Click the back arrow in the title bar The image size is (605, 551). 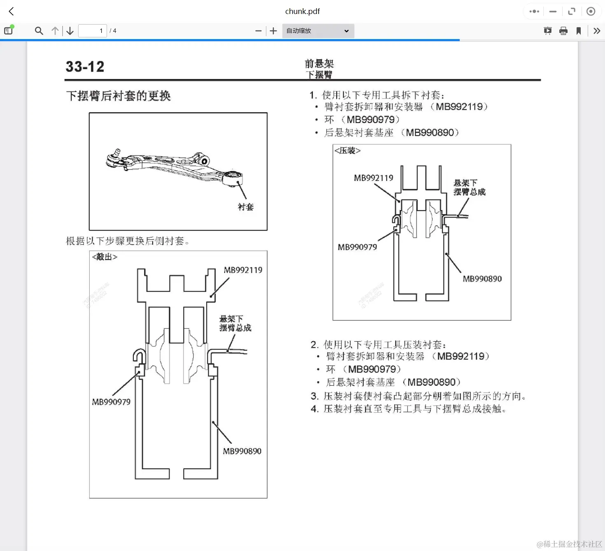tap(12, 12)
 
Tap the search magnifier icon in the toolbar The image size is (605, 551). tap(39, 31)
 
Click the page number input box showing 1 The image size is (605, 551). tap(93, 31)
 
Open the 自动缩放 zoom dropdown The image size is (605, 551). tap(318, 31)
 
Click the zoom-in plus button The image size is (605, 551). tap(273, 31)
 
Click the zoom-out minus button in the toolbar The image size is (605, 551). tap(258, 31)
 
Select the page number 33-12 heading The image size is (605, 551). tap(85, 67)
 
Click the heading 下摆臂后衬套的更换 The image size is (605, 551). tap(118, 96)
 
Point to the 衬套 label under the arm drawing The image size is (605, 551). tap(246, 207)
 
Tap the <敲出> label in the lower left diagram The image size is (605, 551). tap(105, 257)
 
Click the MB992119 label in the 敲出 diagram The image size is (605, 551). tap(243, 270)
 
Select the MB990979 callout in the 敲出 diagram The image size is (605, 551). tap(111, 402)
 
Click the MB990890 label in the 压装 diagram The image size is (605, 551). tap(482, 279)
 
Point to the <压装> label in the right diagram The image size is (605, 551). tap(347, 150)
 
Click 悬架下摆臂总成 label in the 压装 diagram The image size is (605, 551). tap(469, 188)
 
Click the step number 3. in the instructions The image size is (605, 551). tap(314, 396)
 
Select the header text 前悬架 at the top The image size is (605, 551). tap(319, 64)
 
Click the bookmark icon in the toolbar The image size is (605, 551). tap(579, 31)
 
